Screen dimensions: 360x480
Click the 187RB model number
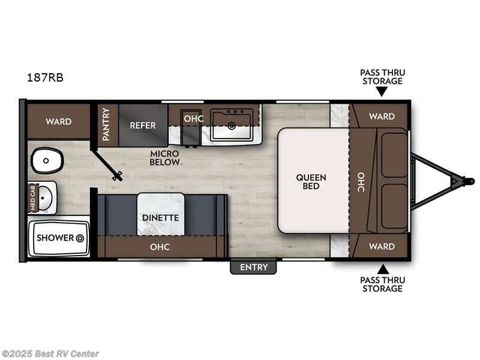(x=45, y=77)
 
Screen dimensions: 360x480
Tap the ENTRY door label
(x=253, y=267)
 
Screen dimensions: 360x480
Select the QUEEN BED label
(x=311, y=181)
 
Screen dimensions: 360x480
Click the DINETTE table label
(x=160, y=217)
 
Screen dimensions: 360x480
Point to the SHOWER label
(x=55, y=238)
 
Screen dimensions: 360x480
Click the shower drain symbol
(x=79, y=238)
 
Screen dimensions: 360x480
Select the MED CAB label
(x=34, y=198)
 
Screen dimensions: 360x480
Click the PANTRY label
(x=106, y=124)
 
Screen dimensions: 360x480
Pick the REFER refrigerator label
(x=143, y=125)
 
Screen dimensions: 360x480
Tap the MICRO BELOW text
(x=165, y=158)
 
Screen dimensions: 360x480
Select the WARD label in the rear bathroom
(x=58, y=121)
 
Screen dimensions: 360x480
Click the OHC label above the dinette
(x=160, y=247)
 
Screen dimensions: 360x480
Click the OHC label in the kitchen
(x=194, y=118)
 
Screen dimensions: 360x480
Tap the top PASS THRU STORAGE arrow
(x=382, y=92)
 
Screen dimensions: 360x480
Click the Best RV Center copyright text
(x=50, y=354)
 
